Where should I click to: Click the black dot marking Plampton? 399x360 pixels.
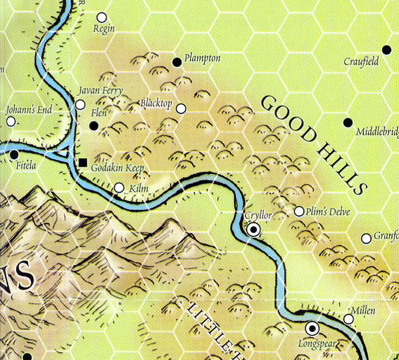click(176, 63)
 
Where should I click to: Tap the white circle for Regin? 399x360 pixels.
click(102, 18)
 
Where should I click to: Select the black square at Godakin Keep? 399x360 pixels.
click(82, 162)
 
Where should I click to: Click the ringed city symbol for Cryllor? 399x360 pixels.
click(253, 230)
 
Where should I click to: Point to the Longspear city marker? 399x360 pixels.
click(312, 328)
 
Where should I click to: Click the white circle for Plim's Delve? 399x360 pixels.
click(299, 211)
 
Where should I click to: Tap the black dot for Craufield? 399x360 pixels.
click(386, 50)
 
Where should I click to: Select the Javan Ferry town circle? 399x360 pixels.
click(80, 105)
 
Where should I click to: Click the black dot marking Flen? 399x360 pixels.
click(94, 126)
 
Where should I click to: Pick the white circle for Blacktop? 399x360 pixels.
click(181, 109)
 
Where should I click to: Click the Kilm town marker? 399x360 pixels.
click(119, 188)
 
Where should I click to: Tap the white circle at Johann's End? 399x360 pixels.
click(11, 121)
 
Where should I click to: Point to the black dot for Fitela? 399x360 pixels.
click(14, 155)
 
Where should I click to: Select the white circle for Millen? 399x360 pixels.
click(349, 320)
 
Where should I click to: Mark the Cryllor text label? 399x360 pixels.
click(258, 215)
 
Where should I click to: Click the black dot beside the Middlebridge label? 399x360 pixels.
click(348, 123)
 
